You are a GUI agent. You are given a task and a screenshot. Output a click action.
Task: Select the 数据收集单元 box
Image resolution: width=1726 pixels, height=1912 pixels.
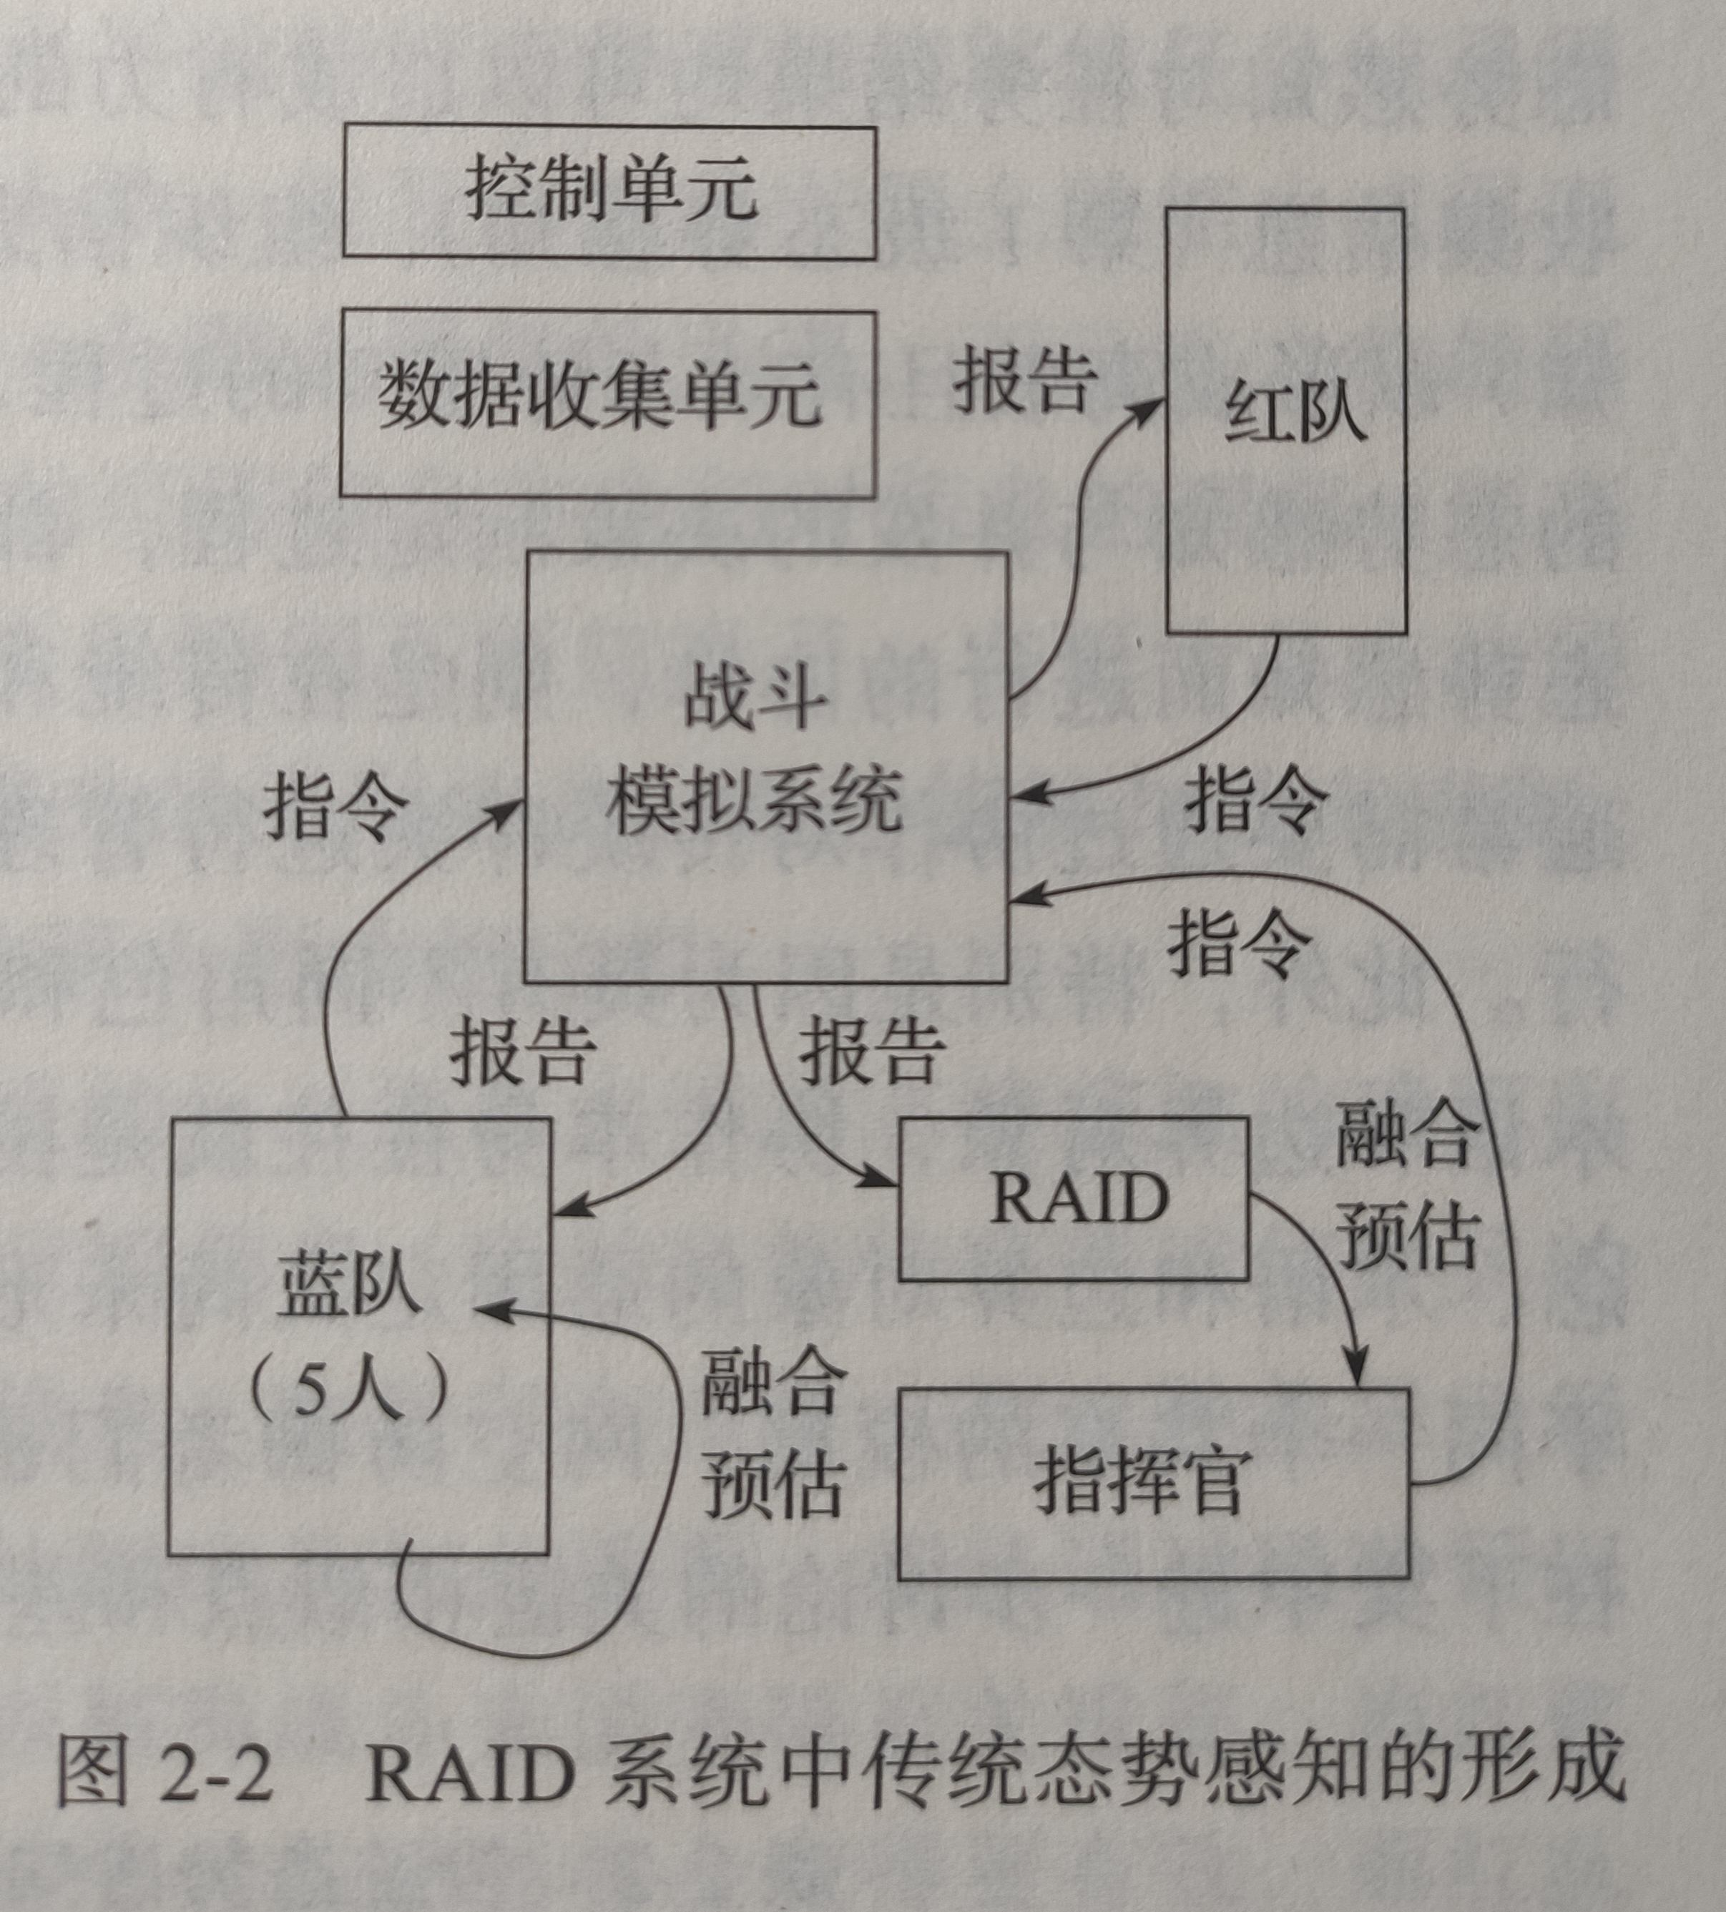[x=607, y=402]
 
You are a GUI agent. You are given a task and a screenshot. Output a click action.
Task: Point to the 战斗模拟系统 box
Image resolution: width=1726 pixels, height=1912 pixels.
[x=765, y=766]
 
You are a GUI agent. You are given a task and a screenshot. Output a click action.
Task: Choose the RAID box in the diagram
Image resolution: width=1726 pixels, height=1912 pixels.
[x=1073, y=1200]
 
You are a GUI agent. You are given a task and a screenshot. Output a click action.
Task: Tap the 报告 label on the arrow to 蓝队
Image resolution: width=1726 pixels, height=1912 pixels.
[x=523, y=1051]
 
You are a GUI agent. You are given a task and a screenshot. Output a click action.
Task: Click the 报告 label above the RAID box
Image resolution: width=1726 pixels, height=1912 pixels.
[x=871, y=1051]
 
